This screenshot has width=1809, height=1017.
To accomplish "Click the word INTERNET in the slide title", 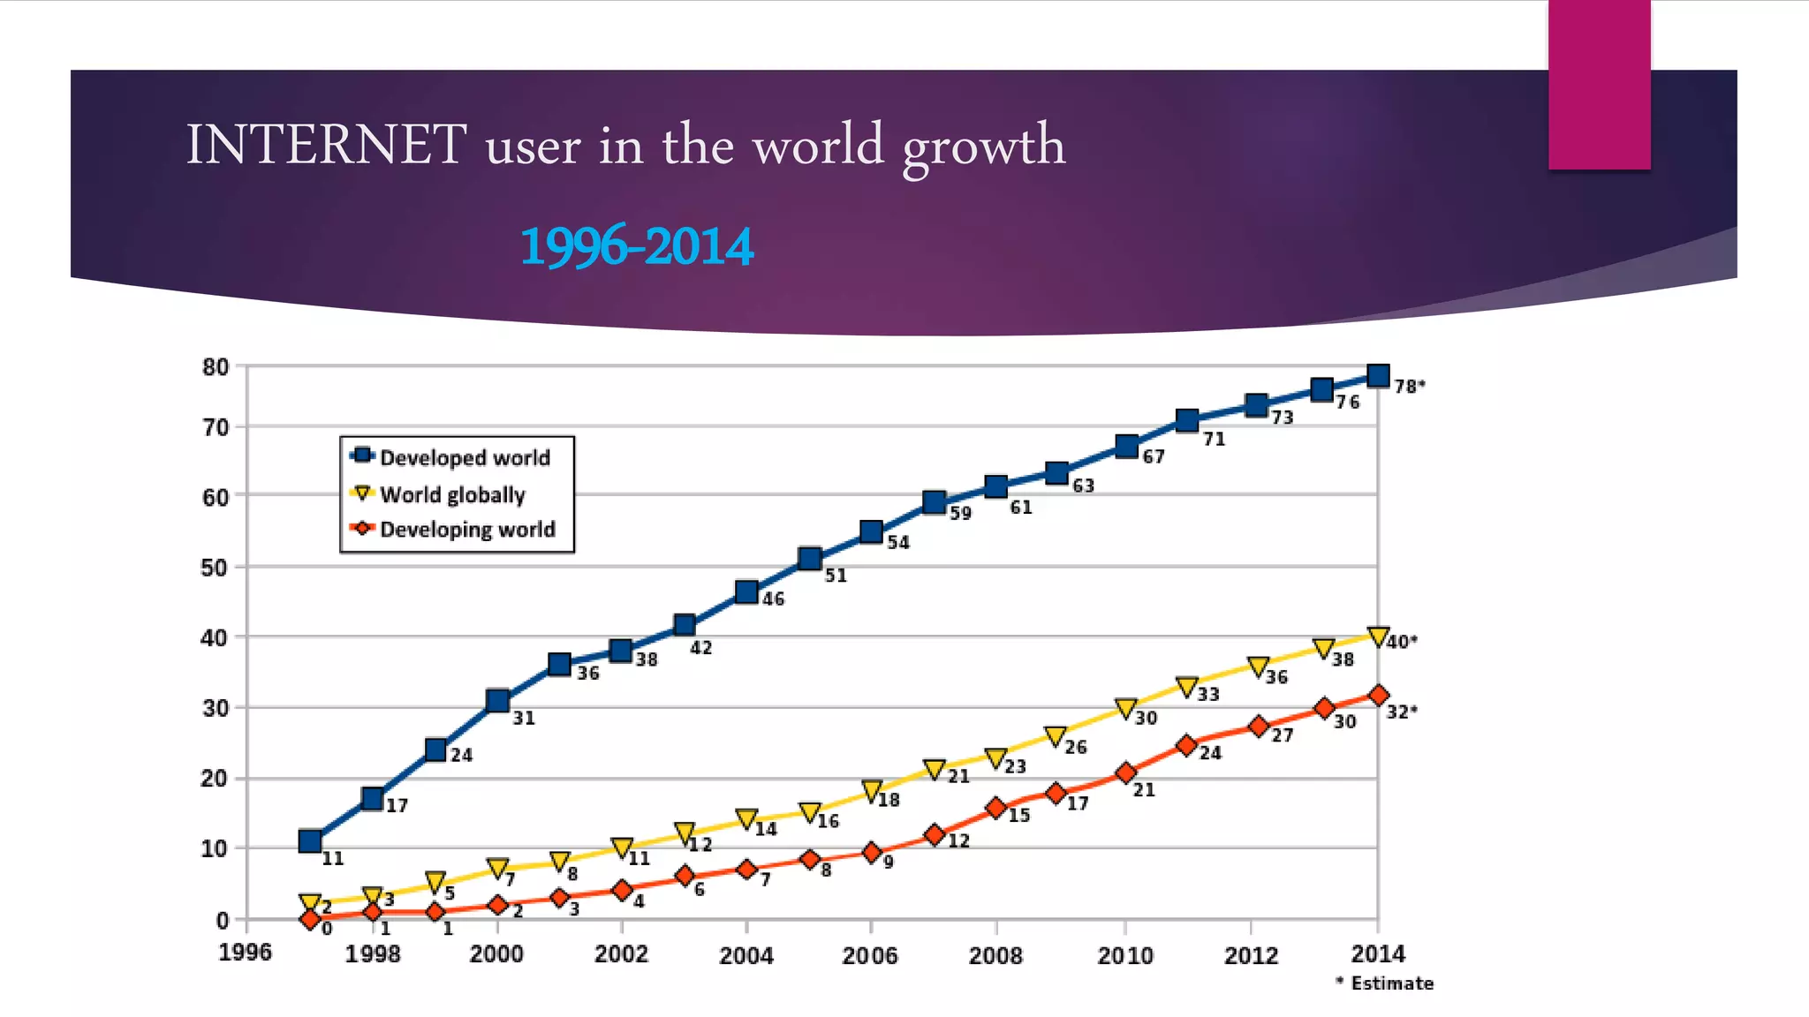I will pos(326,145).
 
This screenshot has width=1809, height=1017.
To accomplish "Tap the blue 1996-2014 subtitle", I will pos(637,246).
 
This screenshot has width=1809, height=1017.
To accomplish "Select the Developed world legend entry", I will pos(464,457).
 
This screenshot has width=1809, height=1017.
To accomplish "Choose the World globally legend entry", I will pos(451,493).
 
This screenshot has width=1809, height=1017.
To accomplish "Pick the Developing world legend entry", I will pos(466,530).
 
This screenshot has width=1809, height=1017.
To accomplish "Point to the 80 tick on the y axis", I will pos(215,366).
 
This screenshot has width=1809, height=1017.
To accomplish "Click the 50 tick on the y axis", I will pos(215,568).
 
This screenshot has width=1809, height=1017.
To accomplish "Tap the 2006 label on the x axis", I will pos(869,955).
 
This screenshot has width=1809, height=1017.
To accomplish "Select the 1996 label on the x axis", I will pos(245,953).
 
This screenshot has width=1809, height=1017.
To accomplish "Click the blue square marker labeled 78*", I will pos(1377,376).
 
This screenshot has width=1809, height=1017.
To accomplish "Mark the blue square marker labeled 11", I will pos(310,840).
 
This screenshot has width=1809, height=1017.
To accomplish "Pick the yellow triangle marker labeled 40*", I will pos(1377,636).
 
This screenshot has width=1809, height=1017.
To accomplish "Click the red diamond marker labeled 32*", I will pos(1378,696).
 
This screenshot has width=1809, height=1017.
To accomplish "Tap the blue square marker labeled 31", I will pos(497,701).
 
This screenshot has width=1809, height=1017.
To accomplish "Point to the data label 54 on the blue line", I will pos(897,542).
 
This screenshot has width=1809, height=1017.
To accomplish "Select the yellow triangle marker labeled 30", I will pos(1125,708).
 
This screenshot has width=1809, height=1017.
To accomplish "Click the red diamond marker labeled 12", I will pos(935,834).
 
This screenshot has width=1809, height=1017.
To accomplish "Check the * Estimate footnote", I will pos(1384,983).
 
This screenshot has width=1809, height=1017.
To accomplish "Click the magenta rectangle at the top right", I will pos(1599,85).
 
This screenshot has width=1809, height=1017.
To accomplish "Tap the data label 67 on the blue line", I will pos(1153,456).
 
